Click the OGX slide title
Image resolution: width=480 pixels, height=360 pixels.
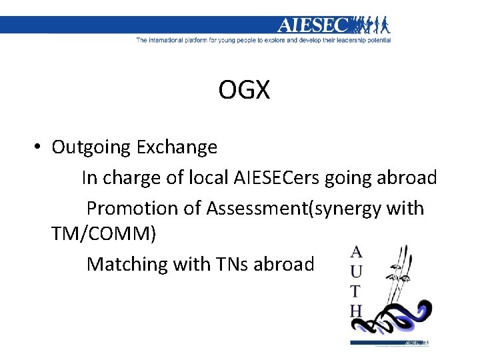coord(244,90)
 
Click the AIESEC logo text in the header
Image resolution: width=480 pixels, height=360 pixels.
coord(313,25)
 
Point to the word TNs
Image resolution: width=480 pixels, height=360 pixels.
coord(231,264)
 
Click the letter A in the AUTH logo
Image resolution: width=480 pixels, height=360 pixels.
coord(357,252)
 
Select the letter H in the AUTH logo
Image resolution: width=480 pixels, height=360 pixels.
coord(357,310)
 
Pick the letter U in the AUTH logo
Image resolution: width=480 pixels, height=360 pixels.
coord(357,271)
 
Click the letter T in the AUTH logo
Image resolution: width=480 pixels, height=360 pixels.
coord(357,291)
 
